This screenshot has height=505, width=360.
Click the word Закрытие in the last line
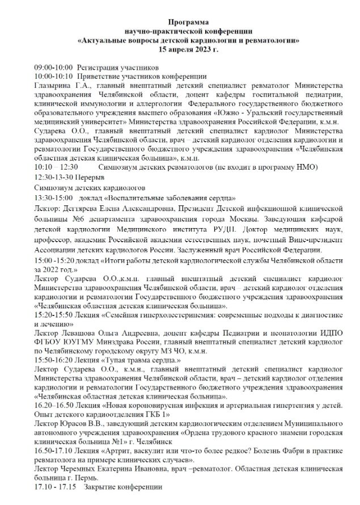103,487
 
